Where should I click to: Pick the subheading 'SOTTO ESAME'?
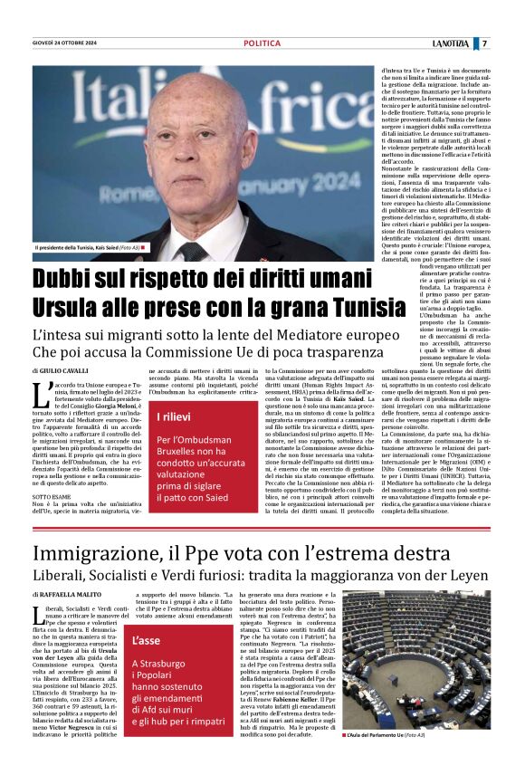click(x=50, y=498)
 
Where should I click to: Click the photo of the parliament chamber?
click(x=415, y=671)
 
